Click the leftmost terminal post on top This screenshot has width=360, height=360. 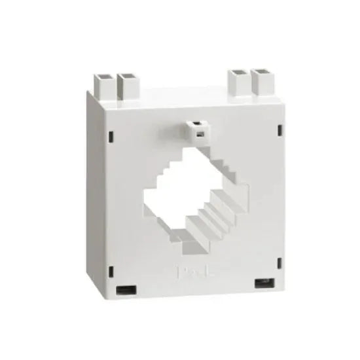pos(103,82)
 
